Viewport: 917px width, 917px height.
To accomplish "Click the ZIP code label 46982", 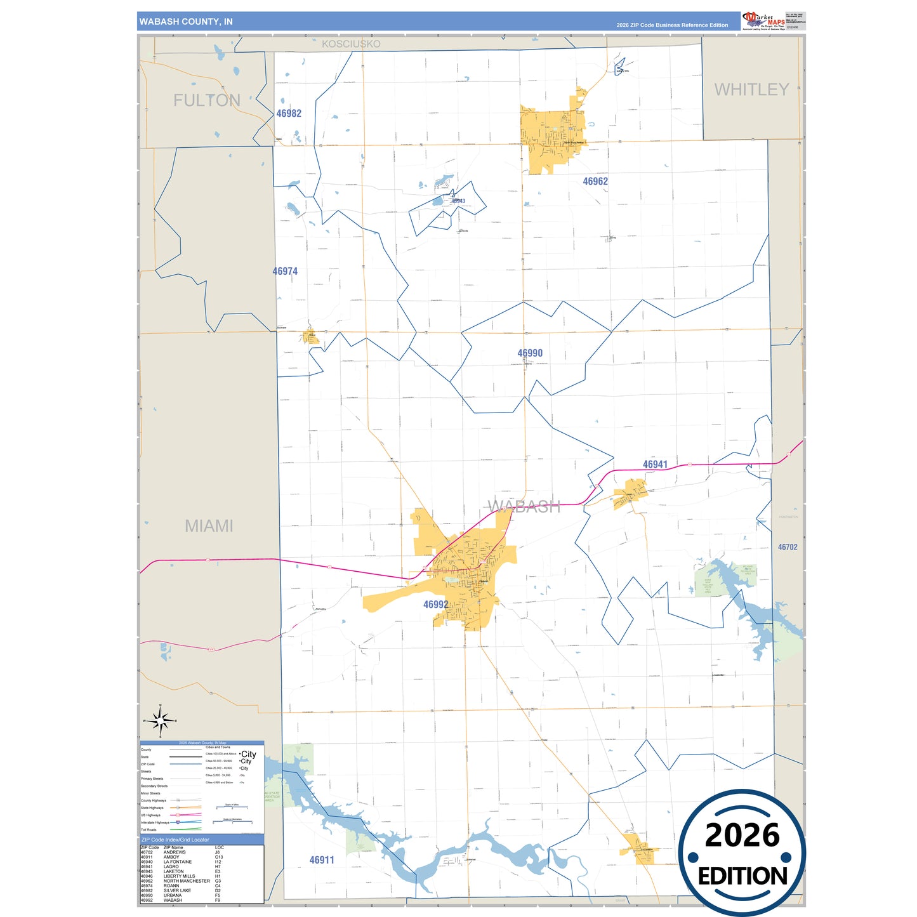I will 289,114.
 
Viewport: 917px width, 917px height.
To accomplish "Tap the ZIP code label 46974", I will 285,272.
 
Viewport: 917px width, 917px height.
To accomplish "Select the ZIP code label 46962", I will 595,181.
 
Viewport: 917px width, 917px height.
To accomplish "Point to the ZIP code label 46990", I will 530,353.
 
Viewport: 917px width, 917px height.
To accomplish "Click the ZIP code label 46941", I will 655,465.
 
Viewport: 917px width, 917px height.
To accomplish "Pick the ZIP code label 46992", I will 436,605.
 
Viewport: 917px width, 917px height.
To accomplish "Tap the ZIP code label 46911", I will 322,861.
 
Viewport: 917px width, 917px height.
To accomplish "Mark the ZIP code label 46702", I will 788,547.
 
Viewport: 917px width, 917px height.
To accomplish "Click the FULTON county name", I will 207,100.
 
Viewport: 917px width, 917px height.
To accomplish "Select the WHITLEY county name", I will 751,89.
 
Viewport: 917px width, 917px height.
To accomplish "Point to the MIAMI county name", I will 209,526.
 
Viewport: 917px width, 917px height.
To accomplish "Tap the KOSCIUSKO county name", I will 351,44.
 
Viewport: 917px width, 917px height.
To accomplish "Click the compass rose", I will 161,721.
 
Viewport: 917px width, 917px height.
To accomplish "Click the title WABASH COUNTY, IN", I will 186,22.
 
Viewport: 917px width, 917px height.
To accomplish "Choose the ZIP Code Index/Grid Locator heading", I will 175,840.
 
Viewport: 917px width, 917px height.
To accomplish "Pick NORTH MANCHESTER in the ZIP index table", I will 187,881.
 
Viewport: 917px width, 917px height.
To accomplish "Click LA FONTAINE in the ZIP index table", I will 178,862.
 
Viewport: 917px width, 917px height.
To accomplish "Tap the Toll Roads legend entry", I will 148,829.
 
